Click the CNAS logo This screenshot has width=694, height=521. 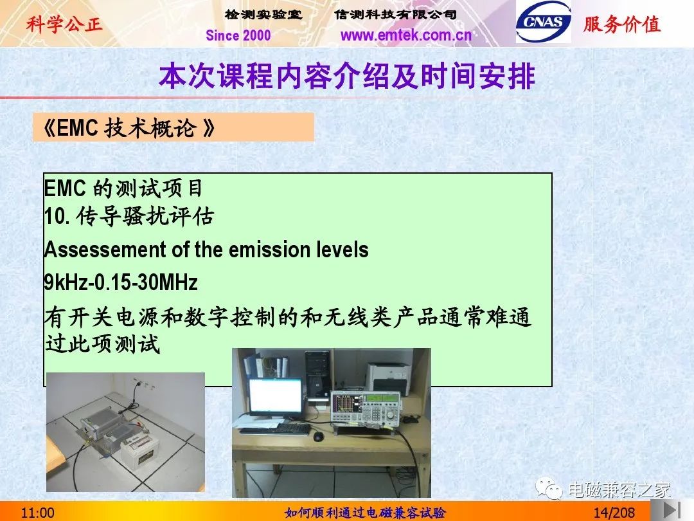[x=543, y=22]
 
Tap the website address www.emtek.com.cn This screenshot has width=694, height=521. [x=406, y=35]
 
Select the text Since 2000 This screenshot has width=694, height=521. [x=238, y=35]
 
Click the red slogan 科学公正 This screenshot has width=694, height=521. [x=64, y=24]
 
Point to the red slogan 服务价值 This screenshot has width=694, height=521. [x=622, y=24]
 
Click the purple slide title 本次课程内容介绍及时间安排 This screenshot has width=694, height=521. [x=347, y=76]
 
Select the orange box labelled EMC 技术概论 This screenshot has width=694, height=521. [x=173, y=127]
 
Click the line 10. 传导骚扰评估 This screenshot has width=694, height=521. [x=129, y=217]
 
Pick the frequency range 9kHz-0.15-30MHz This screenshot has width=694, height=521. [x=121, y=282]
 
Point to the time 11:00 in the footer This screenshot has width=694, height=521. [x=38, y=513]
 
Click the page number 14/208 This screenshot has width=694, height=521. [x=614, y=513]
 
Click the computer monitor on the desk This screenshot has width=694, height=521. [x=275, y=399]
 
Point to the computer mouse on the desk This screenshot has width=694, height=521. [x=318, y=436]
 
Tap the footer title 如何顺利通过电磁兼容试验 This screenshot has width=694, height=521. [x=365, y=513]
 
